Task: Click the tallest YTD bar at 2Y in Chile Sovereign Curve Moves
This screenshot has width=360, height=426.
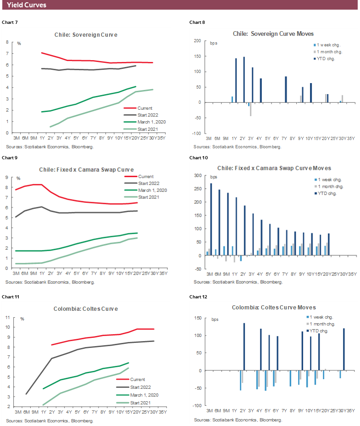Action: [244, 79]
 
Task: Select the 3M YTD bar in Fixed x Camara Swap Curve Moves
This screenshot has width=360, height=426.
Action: [211, 219]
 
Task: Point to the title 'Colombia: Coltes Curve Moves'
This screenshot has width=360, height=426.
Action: [273, 308]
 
